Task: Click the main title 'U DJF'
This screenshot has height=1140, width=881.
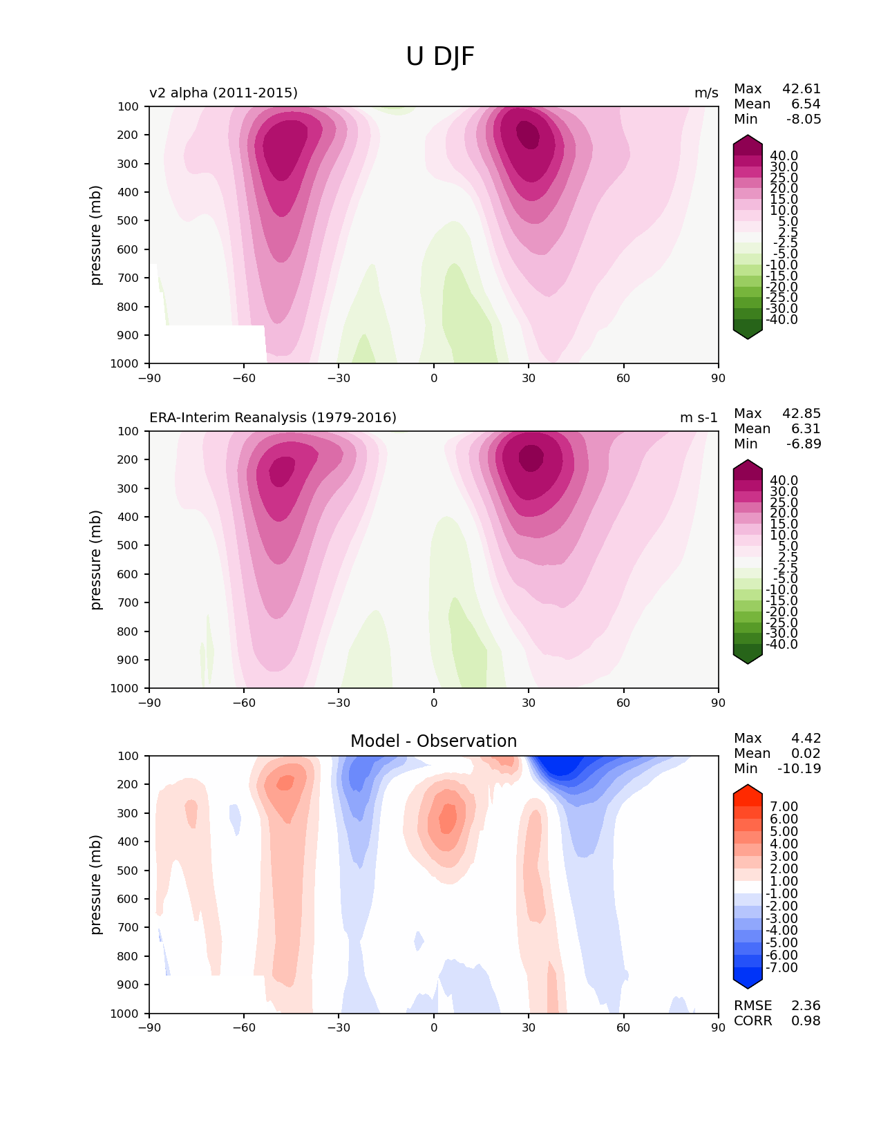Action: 439,57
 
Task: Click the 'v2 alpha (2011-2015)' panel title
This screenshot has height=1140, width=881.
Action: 223,93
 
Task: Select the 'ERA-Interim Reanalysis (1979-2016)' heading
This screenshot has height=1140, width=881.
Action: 273,417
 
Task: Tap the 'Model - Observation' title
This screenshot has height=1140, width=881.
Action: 433,741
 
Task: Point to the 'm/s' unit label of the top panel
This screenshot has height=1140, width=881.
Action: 706,93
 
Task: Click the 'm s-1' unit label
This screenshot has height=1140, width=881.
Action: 699,417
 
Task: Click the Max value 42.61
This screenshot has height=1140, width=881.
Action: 802,88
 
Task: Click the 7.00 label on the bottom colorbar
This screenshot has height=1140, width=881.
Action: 784,806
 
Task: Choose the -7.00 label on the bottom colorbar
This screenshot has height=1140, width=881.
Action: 781,967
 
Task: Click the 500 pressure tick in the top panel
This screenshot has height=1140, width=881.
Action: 128,221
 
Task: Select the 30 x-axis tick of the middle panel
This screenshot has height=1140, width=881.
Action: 529,703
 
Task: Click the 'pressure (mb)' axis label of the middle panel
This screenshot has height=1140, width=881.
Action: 95,560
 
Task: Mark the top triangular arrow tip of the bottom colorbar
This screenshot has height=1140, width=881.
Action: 747,785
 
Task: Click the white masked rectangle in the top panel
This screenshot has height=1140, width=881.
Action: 208,344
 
